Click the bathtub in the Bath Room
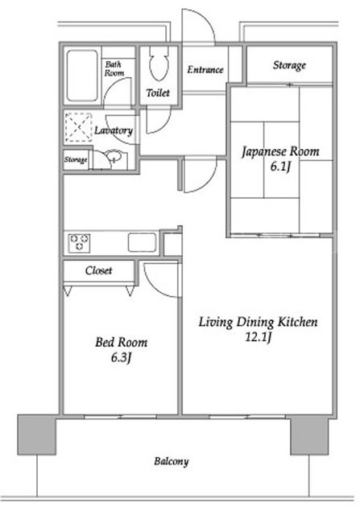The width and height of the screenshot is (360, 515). coord(82,76)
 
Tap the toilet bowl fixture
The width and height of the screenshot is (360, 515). coord(159,64)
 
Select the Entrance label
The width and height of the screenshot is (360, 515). coord(205,70)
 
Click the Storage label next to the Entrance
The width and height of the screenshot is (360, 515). coord(289,65)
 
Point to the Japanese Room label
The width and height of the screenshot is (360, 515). coord(280,152)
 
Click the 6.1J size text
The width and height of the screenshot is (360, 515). coord(280,167)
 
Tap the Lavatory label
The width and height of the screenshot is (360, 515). coord(114,130)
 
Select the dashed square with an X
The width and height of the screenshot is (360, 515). coord(79,127)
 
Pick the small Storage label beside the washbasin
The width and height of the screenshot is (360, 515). coord(76,159)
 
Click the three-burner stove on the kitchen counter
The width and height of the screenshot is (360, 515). coord(79,243)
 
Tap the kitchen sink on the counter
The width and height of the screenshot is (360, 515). coord(142,242)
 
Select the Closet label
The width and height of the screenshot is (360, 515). coord(98,270)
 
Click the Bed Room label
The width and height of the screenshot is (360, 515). coord(122,343)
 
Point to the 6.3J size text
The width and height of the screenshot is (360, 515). coord(122,357)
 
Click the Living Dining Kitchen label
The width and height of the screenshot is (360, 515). coord(258,322)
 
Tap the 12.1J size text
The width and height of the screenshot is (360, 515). coord(258,337)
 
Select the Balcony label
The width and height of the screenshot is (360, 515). coord(172,461)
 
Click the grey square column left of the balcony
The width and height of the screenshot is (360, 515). coord(37,435)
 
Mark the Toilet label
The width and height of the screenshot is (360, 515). coord(158,93)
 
